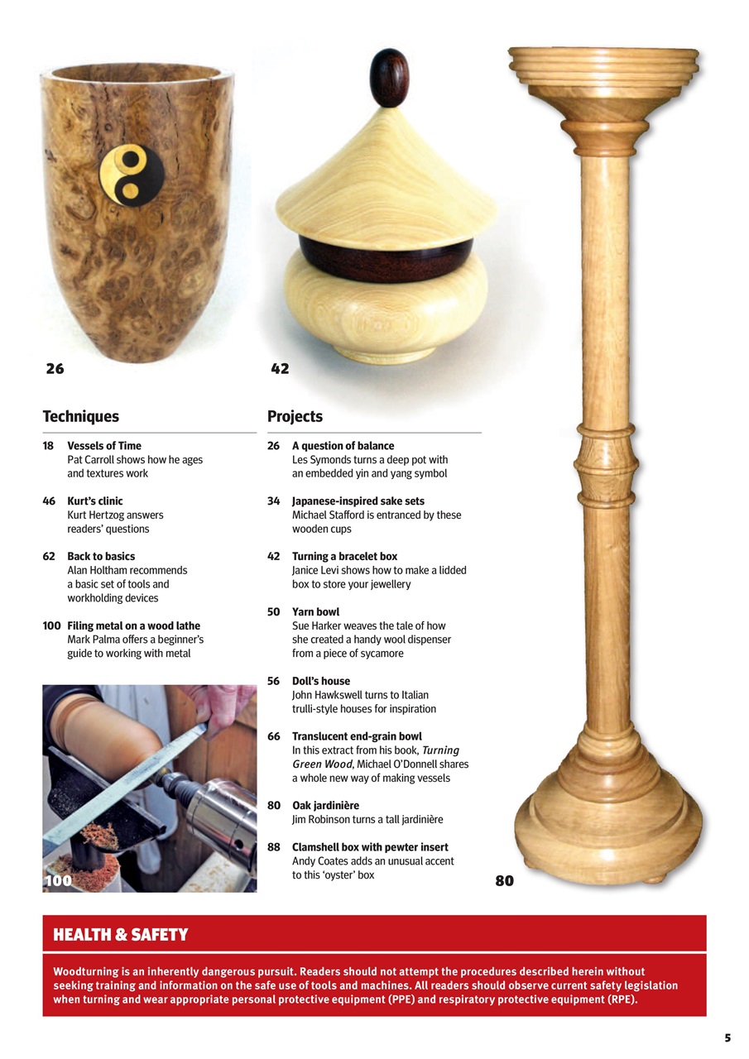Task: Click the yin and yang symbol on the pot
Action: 131,175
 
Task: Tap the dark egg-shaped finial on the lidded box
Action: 389,78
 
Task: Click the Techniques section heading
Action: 80,416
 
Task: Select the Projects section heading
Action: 295,416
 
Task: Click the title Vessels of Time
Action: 104,446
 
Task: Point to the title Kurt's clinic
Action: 95,501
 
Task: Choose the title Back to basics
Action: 101,557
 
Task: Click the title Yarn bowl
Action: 315,612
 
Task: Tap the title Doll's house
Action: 321,681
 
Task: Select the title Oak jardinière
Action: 325,805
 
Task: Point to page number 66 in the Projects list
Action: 274,736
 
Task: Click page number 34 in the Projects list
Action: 274,501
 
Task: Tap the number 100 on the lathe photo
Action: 58,880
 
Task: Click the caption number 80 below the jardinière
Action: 504,881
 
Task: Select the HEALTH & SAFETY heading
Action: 121,935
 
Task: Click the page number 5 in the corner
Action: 727,1037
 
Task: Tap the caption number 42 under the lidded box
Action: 280,368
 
